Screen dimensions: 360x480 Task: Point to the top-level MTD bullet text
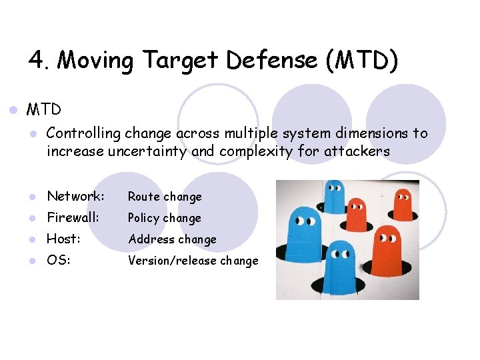(x=43, y=109)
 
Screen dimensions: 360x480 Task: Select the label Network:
(x=75, y=196)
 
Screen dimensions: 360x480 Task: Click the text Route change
(x=165, y=197)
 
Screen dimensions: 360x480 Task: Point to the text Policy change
(x=165, y=218)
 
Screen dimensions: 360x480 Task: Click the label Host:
(x=63, y=239)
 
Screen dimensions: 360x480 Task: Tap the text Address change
(x=172, y=239)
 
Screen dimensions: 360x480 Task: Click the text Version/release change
(x=193, y=261)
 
